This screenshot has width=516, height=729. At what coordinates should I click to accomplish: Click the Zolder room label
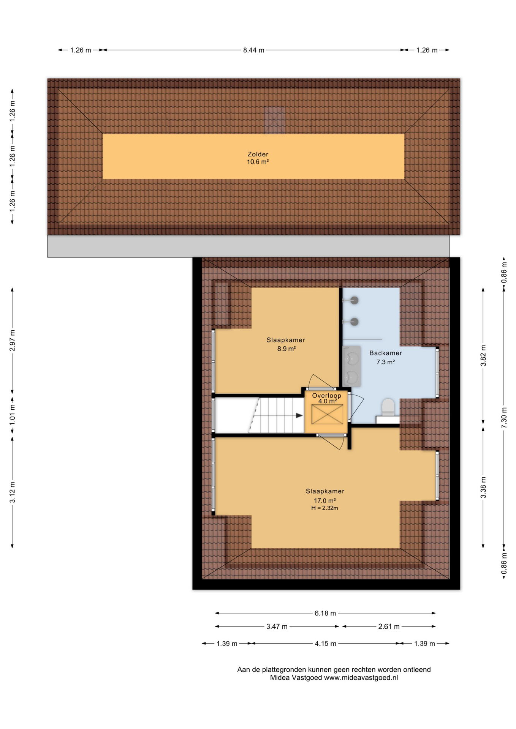click(x=258, y=154)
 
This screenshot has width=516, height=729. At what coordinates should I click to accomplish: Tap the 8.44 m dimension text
click(x=253, y=50)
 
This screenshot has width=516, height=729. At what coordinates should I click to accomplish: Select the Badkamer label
click(x=385, y=353)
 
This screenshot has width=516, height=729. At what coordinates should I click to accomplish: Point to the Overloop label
click(x=326, y=396)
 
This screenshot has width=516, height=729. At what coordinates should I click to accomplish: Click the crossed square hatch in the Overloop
click(x=327, y=414)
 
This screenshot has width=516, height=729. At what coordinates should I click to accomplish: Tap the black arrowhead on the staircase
click(x=299, y=415)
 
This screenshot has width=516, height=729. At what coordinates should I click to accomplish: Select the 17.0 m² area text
click(x=324, y=501)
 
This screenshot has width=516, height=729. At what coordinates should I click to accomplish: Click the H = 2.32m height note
click(x=324, y=508)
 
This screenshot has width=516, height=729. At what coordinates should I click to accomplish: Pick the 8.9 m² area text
click(x=286, y=349)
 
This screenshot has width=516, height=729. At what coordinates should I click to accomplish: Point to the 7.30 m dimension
click(x=504, y=418)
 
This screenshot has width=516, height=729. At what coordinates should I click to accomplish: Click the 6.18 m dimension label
click(x=325, y=613)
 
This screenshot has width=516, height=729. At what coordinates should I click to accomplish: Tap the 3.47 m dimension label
click(x=277, y=626)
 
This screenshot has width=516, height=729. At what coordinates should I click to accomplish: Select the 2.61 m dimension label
click(x=389, y=626)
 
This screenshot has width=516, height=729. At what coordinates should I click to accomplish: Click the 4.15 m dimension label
click(x=325, y=644)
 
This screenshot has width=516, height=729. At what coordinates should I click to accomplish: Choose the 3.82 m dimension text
click(x=483, y=355)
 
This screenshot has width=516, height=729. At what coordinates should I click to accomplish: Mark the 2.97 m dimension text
click(x=13, y=341)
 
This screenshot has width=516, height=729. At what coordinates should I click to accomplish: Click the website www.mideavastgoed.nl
click(x=361, y=678)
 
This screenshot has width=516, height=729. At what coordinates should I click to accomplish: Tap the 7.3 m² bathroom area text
click(x=385, y=362)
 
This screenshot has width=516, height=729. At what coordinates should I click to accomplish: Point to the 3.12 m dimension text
click(x=13, y=492)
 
